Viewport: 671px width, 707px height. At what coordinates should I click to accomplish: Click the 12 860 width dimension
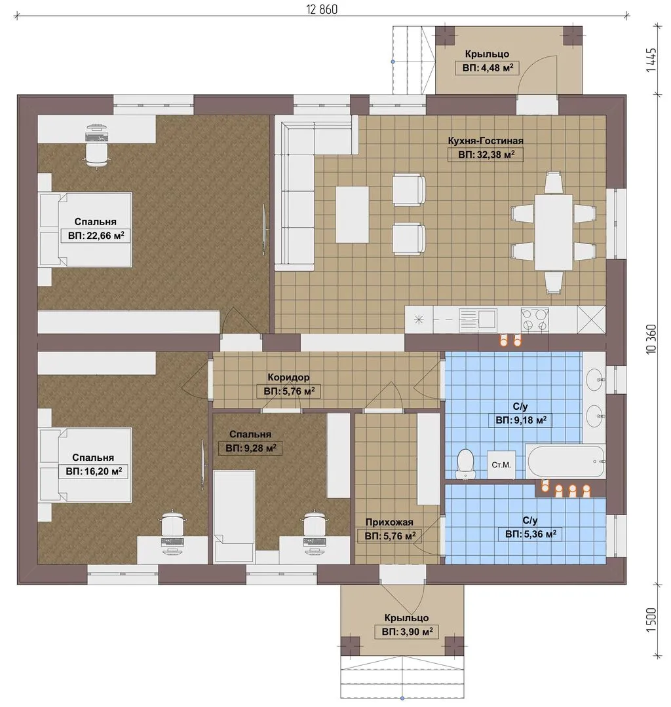322,9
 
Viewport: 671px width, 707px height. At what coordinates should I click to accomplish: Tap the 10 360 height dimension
651,338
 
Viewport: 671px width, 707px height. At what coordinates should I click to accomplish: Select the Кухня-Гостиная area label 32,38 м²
486,154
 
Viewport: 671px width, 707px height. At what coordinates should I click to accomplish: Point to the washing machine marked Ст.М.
501,464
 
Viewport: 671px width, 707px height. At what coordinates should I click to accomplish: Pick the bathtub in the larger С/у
566,462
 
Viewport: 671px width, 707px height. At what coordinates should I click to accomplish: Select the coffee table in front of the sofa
352,214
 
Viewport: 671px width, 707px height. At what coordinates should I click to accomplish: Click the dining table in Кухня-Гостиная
554,232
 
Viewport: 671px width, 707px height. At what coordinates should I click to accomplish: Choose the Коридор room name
289,377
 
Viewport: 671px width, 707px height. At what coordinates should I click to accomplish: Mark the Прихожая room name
389,522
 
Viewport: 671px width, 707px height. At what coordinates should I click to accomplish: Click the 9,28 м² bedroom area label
251,448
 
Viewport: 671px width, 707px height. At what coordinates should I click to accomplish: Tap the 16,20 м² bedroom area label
94,472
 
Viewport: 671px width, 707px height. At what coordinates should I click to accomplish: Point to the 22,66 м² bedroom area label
96,236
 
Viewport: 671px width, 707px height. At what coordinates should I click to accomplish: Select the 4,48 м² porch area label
488,68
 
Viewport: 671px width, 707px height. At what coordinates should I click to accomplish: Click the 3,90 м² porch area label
407,632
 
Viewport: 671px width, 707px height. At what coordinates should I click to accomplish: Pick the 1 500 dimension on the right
651,620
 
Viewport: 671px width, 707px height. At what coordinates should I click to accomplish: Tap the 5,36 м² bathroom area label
531,534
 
